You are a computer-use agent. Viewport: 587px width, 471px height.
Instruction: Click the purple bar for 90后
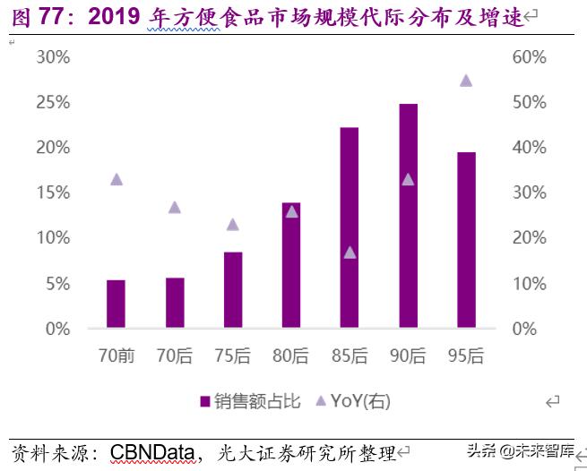tap(408, 216)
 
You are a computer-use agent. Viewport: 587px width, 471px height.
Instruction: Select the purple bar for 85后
tap(349, 227)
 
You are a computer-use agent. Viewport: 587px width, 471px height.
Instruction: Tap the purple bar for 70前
tap(116, 304)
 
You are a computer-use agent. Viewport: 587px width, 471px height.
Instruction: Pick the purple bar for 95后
tap(466, 240)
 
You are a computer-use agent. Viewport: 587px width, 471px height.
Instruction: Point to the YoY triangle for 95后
tap(466, 81)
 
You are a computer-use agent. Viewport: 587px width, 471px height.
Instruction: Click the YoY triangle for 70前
tap(116, 179)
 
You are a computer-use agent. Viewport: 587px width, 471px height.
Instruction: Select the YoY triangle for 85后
tap(350, 253)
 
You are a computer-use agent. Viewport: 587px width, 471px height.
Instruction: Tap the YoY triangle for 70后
tap(175, 207)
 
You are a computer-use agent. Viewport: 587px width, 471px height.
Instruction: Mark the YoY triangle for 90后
tap(408, 179)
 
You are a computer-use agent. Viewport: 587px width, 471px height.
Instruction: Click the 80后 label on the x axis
tap(290, 356)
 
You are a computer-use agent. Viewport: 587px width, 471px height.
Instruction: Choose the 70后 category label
tap(175, 356)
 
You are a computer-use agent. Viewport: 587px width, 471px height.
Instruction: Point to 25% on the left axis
tap(54, 102)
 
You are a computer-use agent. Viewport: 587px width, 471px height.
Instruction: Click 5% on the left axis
tap(57, 284)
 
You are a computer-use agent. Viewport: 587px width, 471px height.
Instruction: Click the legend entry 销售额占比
tap(250, 401)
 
